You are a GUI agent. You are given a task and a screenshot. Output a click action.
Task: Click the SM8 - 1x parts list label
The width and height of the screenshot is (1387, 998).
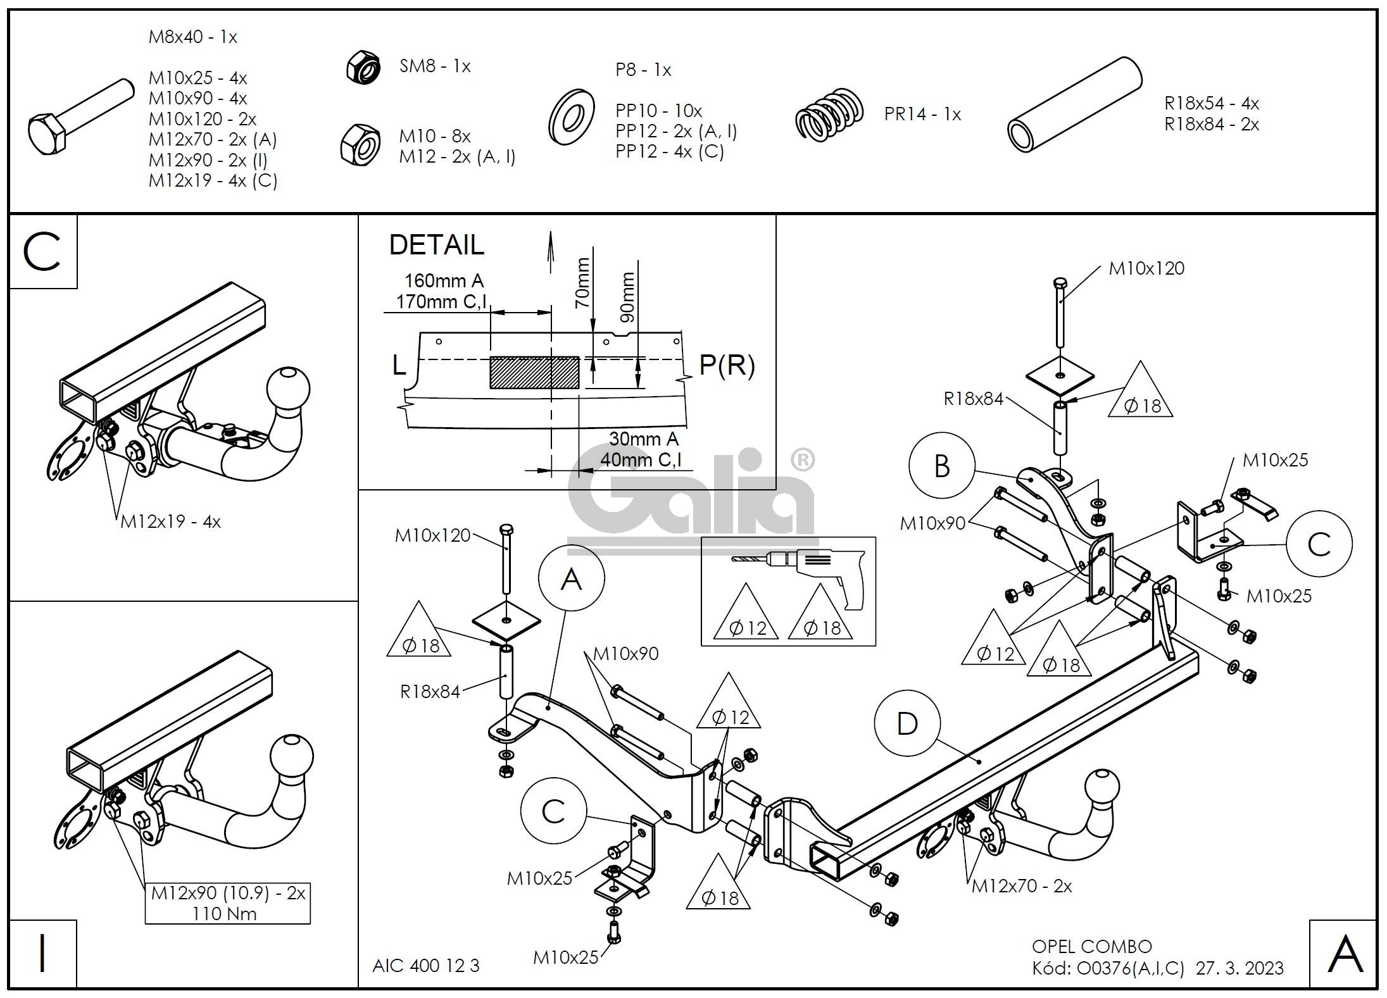[x=434, y=66]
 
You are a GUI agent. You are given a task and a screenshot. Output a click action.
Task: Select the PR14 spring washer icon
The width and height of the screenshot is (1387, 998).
[x=829, y=115]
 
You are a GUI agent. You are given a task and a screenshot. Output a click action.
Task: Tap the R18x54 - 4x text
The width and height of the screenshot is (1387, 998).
[x=1211, y=103]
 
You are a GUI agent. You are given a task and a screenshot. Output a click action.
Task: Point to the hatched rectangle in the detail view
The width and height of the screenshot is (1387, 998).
[x=534, y=372]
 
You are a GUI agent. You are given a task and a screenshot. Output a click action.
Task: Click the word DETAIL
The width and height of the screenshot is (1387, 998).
[x=436, y=245]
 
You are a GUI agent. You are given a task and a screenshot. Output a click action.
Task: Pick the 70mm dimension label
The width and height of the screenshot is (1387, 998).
[x=582, y=282]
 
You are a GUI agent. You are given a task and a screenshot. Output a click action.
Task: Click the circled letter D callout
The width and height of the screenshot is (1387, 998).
[x=907, y=723]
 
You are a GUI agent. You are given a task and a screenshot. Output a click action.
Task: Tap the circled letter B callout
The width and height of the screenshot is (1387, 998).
[x=941, y=466]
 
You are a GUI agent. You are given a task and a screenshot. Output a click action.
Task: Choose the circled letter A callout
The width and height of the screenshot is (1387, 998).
[x=571, y=578]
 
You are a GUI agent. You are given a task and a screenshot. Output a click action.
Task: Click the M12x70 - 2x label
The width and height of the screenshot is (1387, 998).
[x=1021, y=887]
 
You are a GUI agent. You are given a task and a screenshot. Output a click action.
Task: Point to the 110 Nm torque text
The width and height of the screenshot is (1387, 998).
[x=225, y=913]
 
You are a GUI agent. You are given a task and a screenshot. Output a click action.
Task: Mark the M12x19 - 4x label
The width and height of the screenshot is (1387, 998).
[x=170, y=521]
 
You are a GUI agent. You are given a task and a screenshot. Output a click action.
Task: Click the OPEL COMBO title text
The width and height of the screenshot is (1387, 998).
[x=1091, y=946]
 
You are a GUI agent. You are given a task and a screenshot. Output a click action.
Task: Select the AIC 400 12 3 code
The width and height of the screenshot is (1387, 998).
[x=425, y=966]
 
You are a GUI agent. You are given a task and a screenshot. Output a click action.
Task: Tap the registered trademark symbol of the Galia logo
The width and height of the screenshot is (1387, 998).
[x=803, y=460]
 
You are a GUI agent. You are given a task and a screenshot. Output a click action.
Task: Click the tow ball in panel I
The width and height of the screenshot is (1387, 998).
[x=292, y=756]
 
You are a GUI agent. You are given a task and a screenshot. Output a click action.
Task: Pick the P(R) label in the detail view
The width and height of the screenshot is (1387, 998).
[x=727, y=365]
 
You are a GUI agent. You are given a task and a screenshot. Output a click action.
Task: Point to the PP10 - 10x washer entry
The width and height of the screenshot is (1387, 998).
[x=658, y=111]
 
